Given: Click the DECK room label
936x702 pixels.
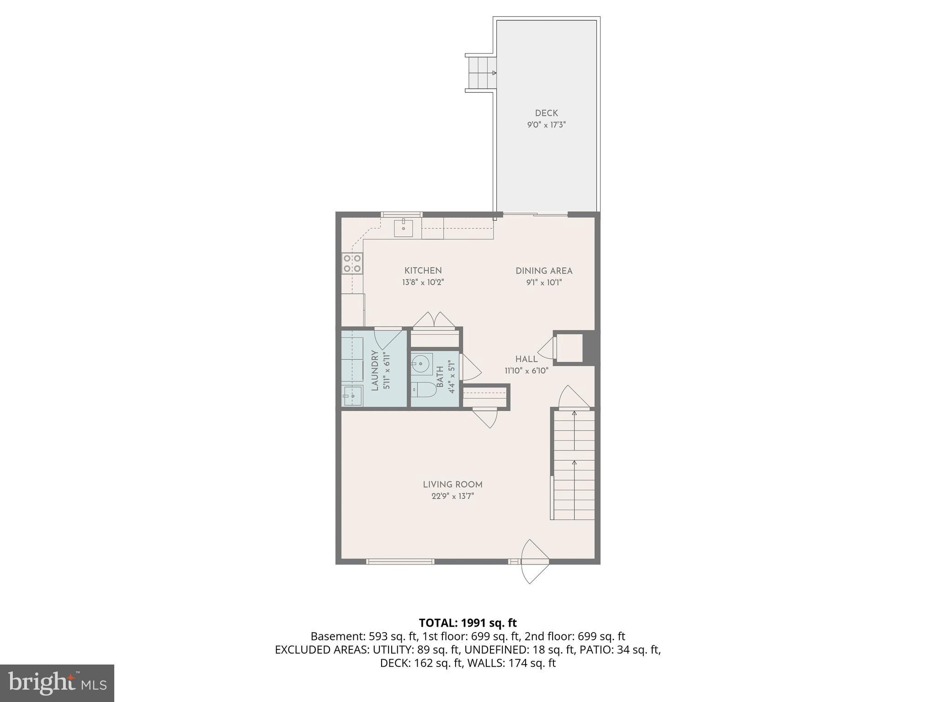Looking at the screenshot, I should (x=546, y=113).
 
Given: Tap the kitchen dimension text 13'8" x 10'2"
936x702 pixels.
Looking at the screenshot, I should (x=423, y=282).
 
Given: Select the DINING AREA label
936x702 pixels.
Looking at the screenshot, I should (x=544, y=271).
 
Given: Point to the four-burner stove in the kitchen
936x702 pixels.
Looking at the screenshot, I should (x=352, y=264).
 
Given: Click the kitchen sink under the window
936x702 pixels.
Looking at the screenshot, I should (x=403, y=228).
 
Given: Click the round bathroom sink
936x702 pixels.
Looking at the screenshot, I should (x=420, y=364).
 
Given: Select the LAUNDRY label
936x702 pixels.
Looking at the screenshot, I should (x=375, y=370).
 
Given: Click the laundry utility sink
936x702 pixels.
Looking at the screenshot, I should (x=352, y=396).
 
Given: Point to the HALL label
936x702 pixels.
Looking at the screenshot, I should (x=526, y=359).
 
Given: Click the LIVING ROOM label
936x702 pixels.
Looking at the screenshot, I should (x=452, y=484).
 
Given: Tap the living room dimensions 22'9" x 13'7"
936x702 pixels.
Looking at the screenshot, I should (x=452, y=496).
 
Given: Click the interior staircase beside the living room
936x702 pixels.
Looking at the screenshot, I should (x=574, y=464).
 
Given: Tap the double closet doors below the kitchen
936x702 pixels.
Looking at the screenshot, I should (x=434, y=319).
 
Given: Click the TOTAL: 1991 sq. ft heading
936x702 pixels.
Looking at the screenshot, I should (x=468, y=622).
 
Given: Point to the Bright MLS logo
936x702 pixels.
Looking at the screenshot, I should (x=57, y=683).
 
